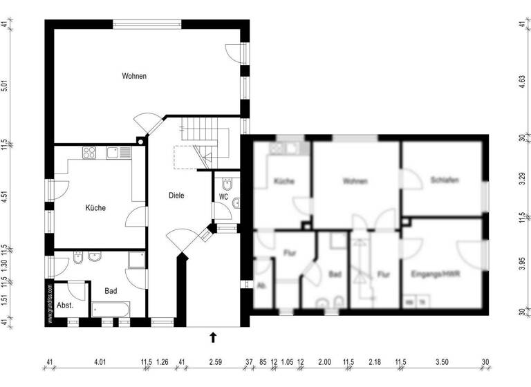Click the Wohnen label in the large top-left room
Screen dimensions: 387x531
pyautogui.click(x=134, y=76)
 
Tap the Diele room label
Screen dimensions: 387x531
pyautogui.click(x=176, y=196)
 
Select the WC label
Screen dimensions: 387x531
pyautogui.click(x=223, y=197)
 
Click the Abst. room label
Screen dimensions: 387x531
pyautogui.click(x=66, y=305)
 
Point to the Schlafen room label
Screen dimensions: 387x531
pyautogui.click(x=445, y=180)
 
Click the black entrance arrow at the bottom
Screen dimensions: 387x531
pyautogui.click(x=213, y=337)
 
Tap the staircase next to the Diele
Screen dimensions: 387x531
pyautogui.click(x=201, y=142)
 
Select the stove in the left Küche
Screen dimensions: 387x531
pyautogui.click(x=91, y=152)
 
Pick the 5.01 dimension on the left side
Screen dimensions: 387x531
pyautogui.click(x=6, y=86)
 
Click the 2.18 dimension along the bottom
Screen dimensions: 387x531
pyautogui.click(x=375, y=361)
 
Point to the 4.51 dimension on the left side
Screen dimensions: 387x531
pyautogui.click(x=6, y=195)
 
